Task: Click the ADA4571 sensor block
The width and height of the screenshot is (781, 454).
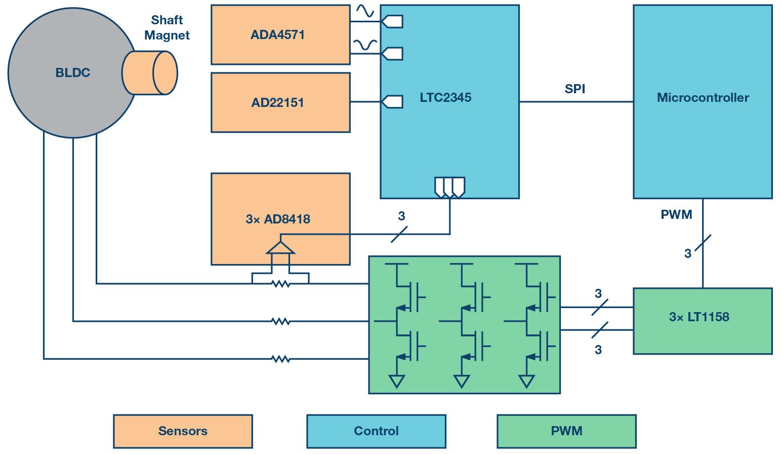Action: [x=280, y=35]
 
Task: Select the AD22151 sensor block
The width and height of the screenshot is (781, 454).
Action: [x=280, y=102]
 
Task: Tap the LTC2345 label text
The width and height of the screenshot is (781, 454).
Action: [x=445, y=97]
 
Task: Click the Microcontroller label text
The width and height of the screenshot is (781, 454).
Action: [x=703, y=97]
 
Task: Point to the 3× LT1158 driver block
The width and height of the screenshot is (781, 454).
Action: [x=703, y=321]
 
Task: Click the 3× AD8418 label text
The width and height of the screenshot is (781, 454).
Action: [x=277, y=219]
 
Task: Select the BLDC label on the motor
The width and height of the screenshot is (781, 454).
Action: [x=72, y=72]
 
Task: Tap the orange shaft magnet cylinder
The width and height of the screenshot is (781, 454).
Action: [x=149, y=72]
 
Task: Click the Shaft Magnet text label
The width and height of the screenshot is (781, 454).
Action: [x=167, y=27]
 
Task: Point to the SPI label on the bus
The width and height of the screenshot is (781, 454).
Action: [x=574, y=89]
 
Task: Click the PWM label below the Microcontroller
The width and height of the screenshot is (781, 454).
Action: [x=676, y=214]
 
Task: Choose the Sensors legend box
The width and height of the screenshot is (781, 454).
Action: [x=183, y=431]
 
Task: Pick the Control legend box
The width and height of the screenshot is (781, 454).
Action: [x=376, y=431]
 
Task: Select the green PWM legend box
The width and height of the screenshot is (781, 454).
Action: [x=566, y=431]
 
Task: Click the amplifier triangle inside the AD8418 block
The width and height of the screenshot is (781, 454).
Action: [x=280, y=248]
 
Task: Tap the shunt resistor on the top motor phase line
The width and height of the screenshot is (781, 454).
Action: [x=281, y=284]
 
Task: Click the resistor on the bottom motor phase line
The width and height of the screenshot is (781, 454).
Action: [x=281, y=359]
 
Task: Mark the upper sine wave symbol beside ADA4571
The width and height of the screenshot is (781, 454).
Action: [x=365, y=10]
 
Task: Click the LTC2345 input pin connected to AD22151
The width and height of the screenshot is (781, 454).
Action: [x=392, y=102]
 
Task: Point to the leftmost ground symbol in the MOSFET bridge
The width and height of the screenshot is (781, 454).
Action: [x=397, y=381]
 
